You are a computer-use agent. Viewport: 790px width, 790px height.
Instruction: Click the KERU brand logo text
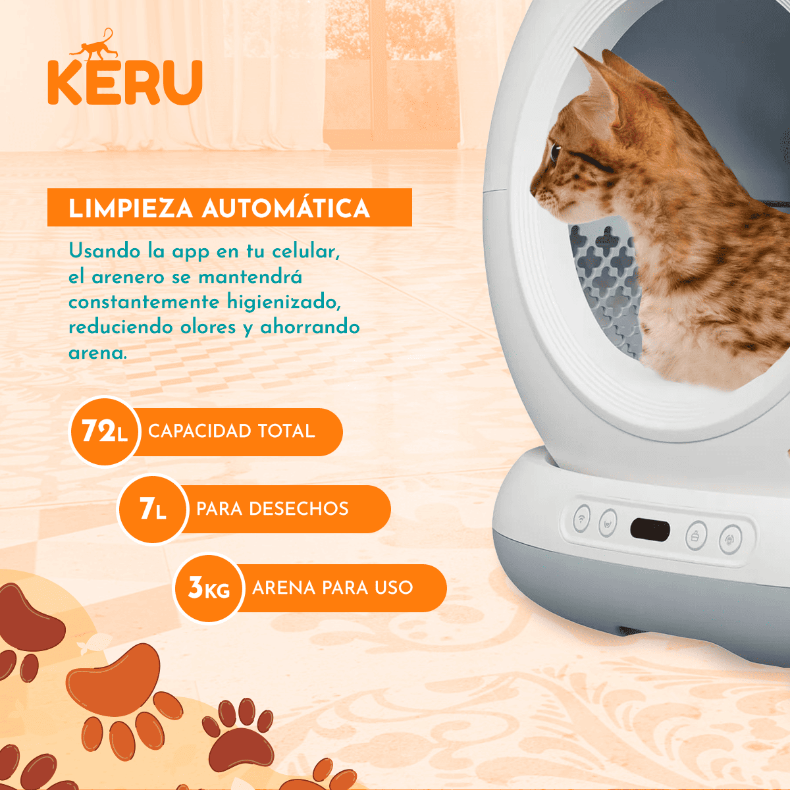(x=124, y=82)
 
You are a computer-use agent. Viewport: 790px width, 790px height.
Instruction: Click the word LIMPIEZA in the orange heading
(x=130, y=208)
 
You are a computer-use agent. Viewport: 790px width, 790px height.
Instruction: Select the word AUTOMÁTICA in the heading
(x=286, y=208)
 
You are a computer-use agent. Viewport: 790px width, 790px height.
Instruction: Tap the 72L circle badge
(x=104, y=432)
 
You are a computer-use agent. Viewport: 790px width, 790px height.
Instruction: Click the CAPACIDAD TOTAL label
(x=232, y=431)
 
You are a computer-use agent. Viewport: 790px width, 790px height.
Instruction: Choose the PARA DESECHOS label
(x=273, y=509)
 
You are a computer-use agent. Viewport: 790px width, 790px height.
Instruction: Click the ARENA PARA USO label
(x=332, y=587)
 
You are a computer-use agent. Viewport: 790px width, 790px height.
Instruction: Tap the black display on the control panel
(x=650, y=529)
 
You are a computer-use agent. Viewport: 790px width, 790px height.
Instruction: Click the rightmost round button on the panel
(x=730, y=540)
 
